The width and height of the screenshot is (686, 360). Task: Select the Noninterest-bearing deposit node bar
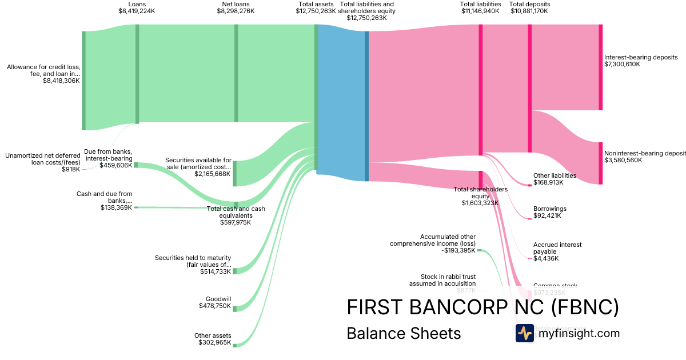point(600,163)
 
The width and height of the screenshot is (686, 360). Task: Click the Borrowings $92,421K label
point(549,212)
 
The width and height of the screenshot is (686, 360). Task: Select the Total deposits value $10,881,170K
point(529,11)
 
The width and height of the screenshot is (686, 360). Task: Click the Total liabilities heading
point(480,4)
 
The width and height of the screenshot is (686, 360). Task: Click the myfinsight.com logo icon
point(524,333)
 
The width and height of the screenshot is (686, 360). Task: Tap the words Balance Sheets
point(404,333)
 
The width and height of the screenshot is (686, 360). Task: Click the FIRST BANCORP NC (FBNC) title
point(482,307)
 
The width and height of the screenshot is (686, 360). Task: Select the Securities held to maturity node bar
point(234,270)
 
